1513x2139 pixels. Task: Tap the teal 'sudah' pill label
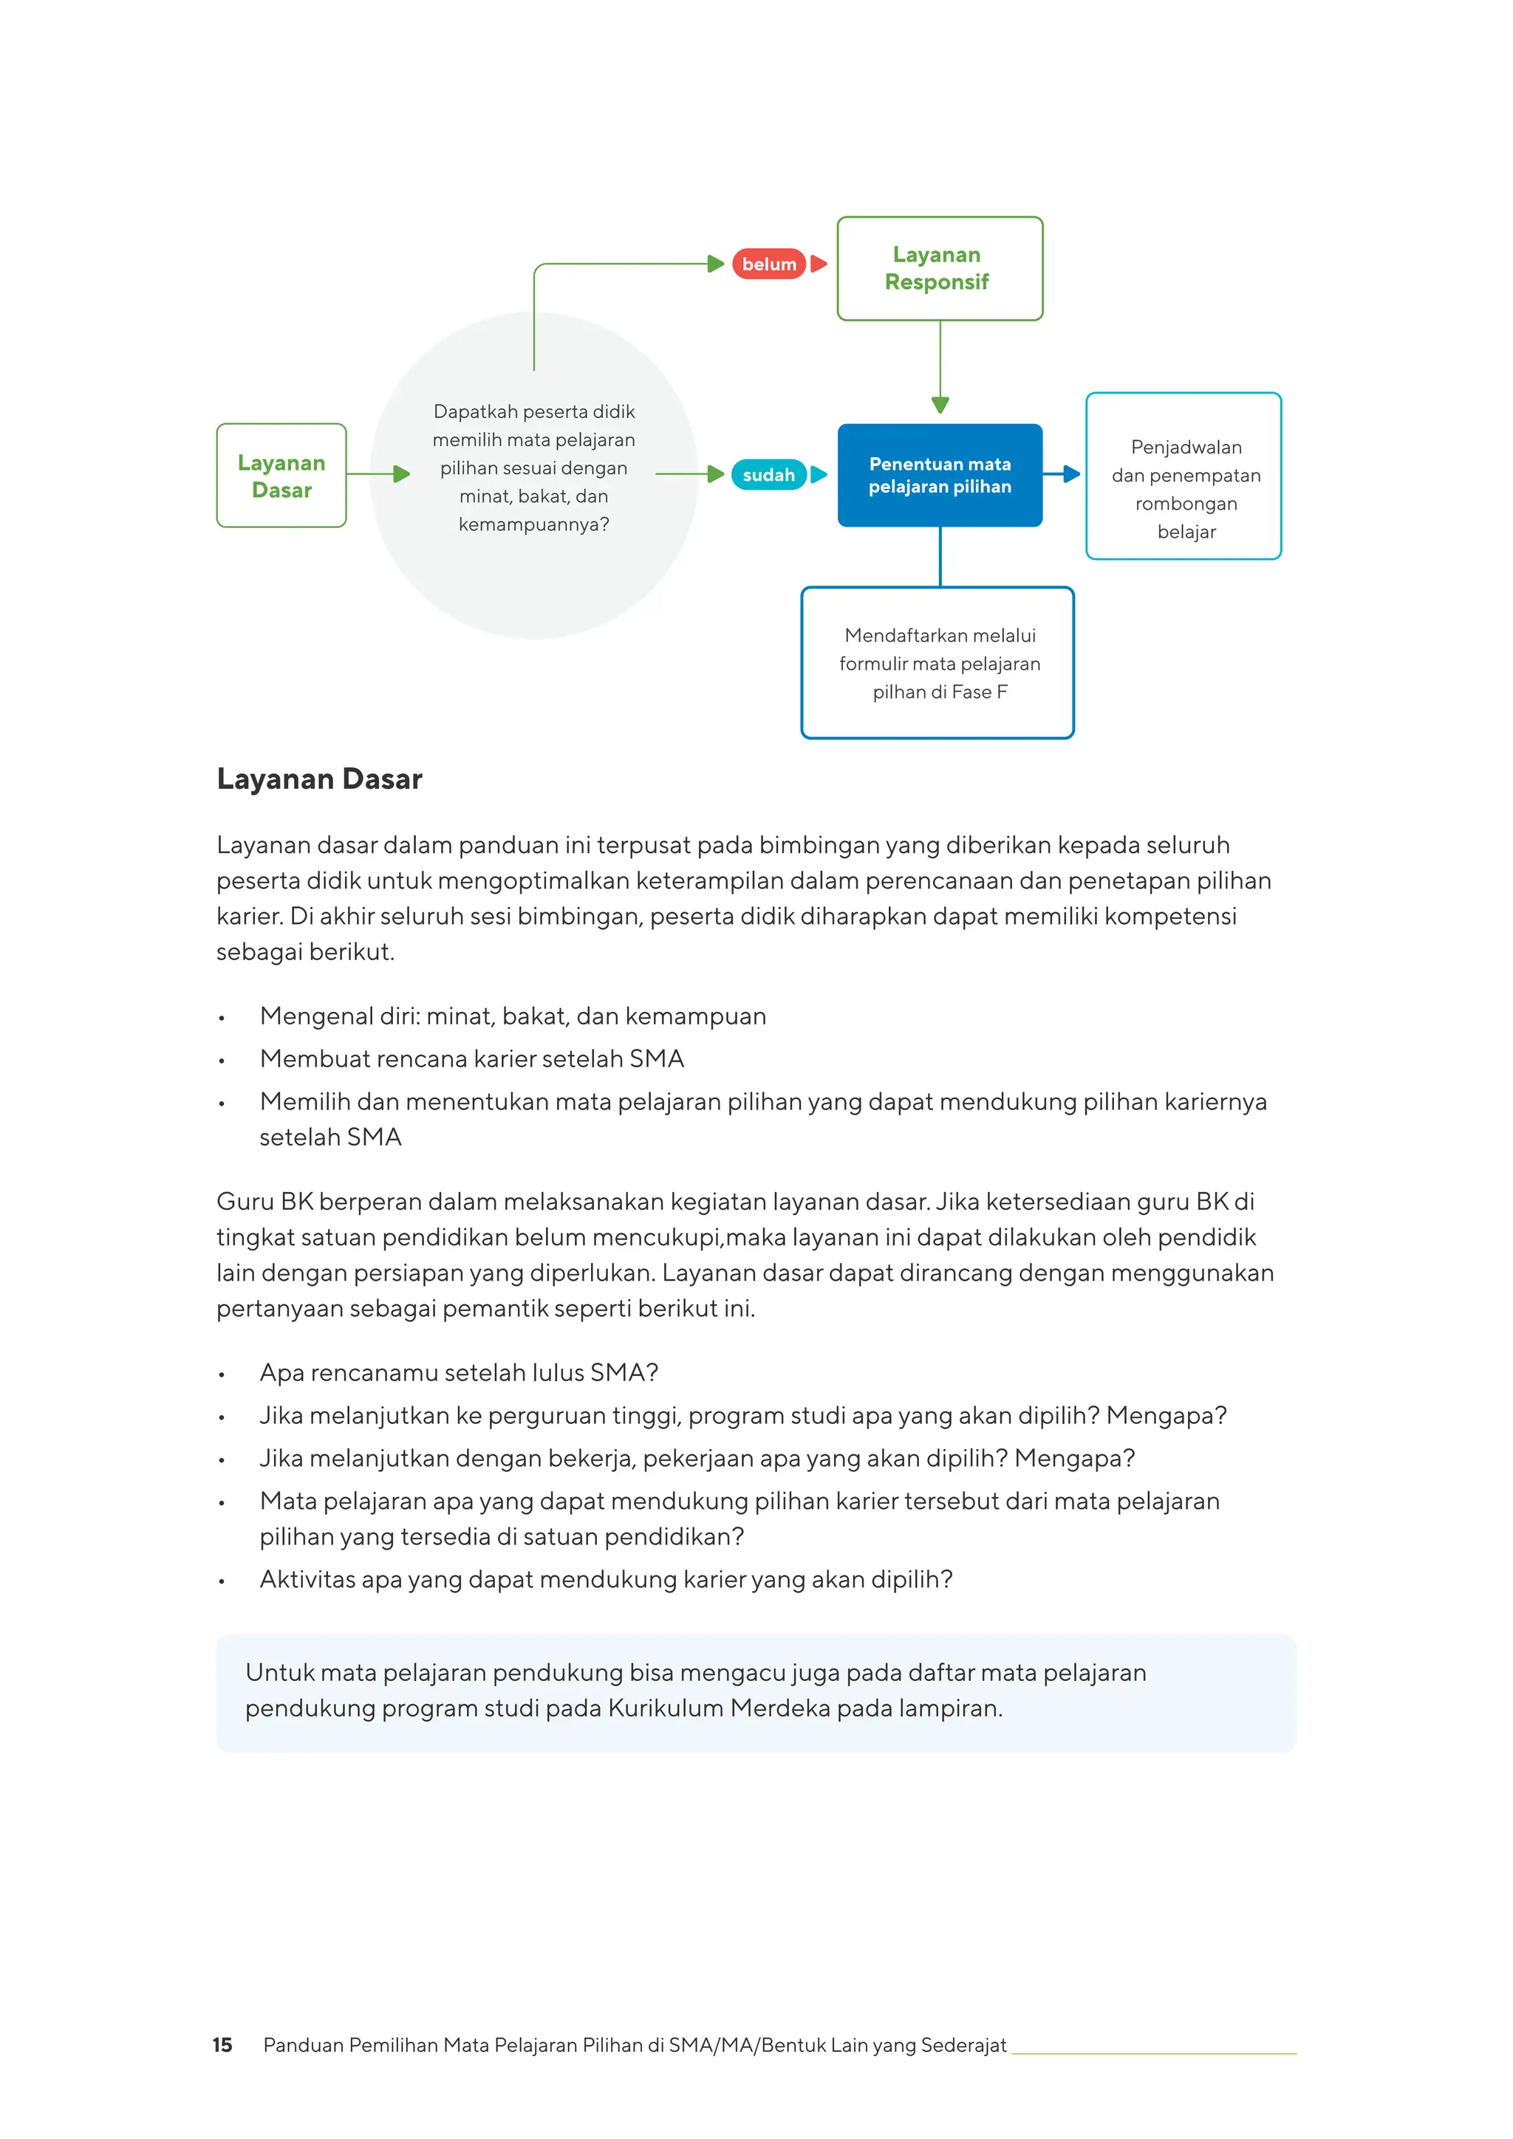pos(768,474)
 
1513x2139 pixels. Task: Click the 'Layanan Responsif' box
pos(940,268)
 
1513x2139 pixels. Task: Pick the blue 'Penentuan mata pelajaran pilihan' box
pos(940,475)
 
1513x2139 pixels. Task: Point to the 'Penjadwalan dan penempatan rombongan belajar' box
pos(1184,476)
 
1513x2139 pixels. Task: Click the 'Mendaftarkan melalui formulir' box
pos(937,663)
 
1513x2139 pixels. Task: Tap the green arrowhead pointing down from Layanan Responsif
pos(940,406)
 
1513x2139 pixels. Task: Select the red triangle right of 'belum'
pos(819,264)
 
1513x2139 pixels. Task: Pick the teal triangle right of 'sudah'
pos(819,474)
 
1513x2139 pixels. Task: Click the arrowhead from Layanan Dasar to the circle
pos(402,474)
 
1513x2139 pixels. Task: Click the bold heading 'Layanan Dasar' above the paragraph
pos(320,778)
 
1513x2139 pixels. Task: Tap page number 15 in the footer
pos(222,2045)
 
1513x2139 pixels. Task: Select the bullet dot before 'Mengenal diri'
pos(222,1019)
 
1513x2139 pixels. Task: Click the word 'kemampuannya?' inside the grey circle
pos(534,524)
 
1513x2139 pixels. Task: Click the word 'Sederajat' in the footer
pos(964,2045)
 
